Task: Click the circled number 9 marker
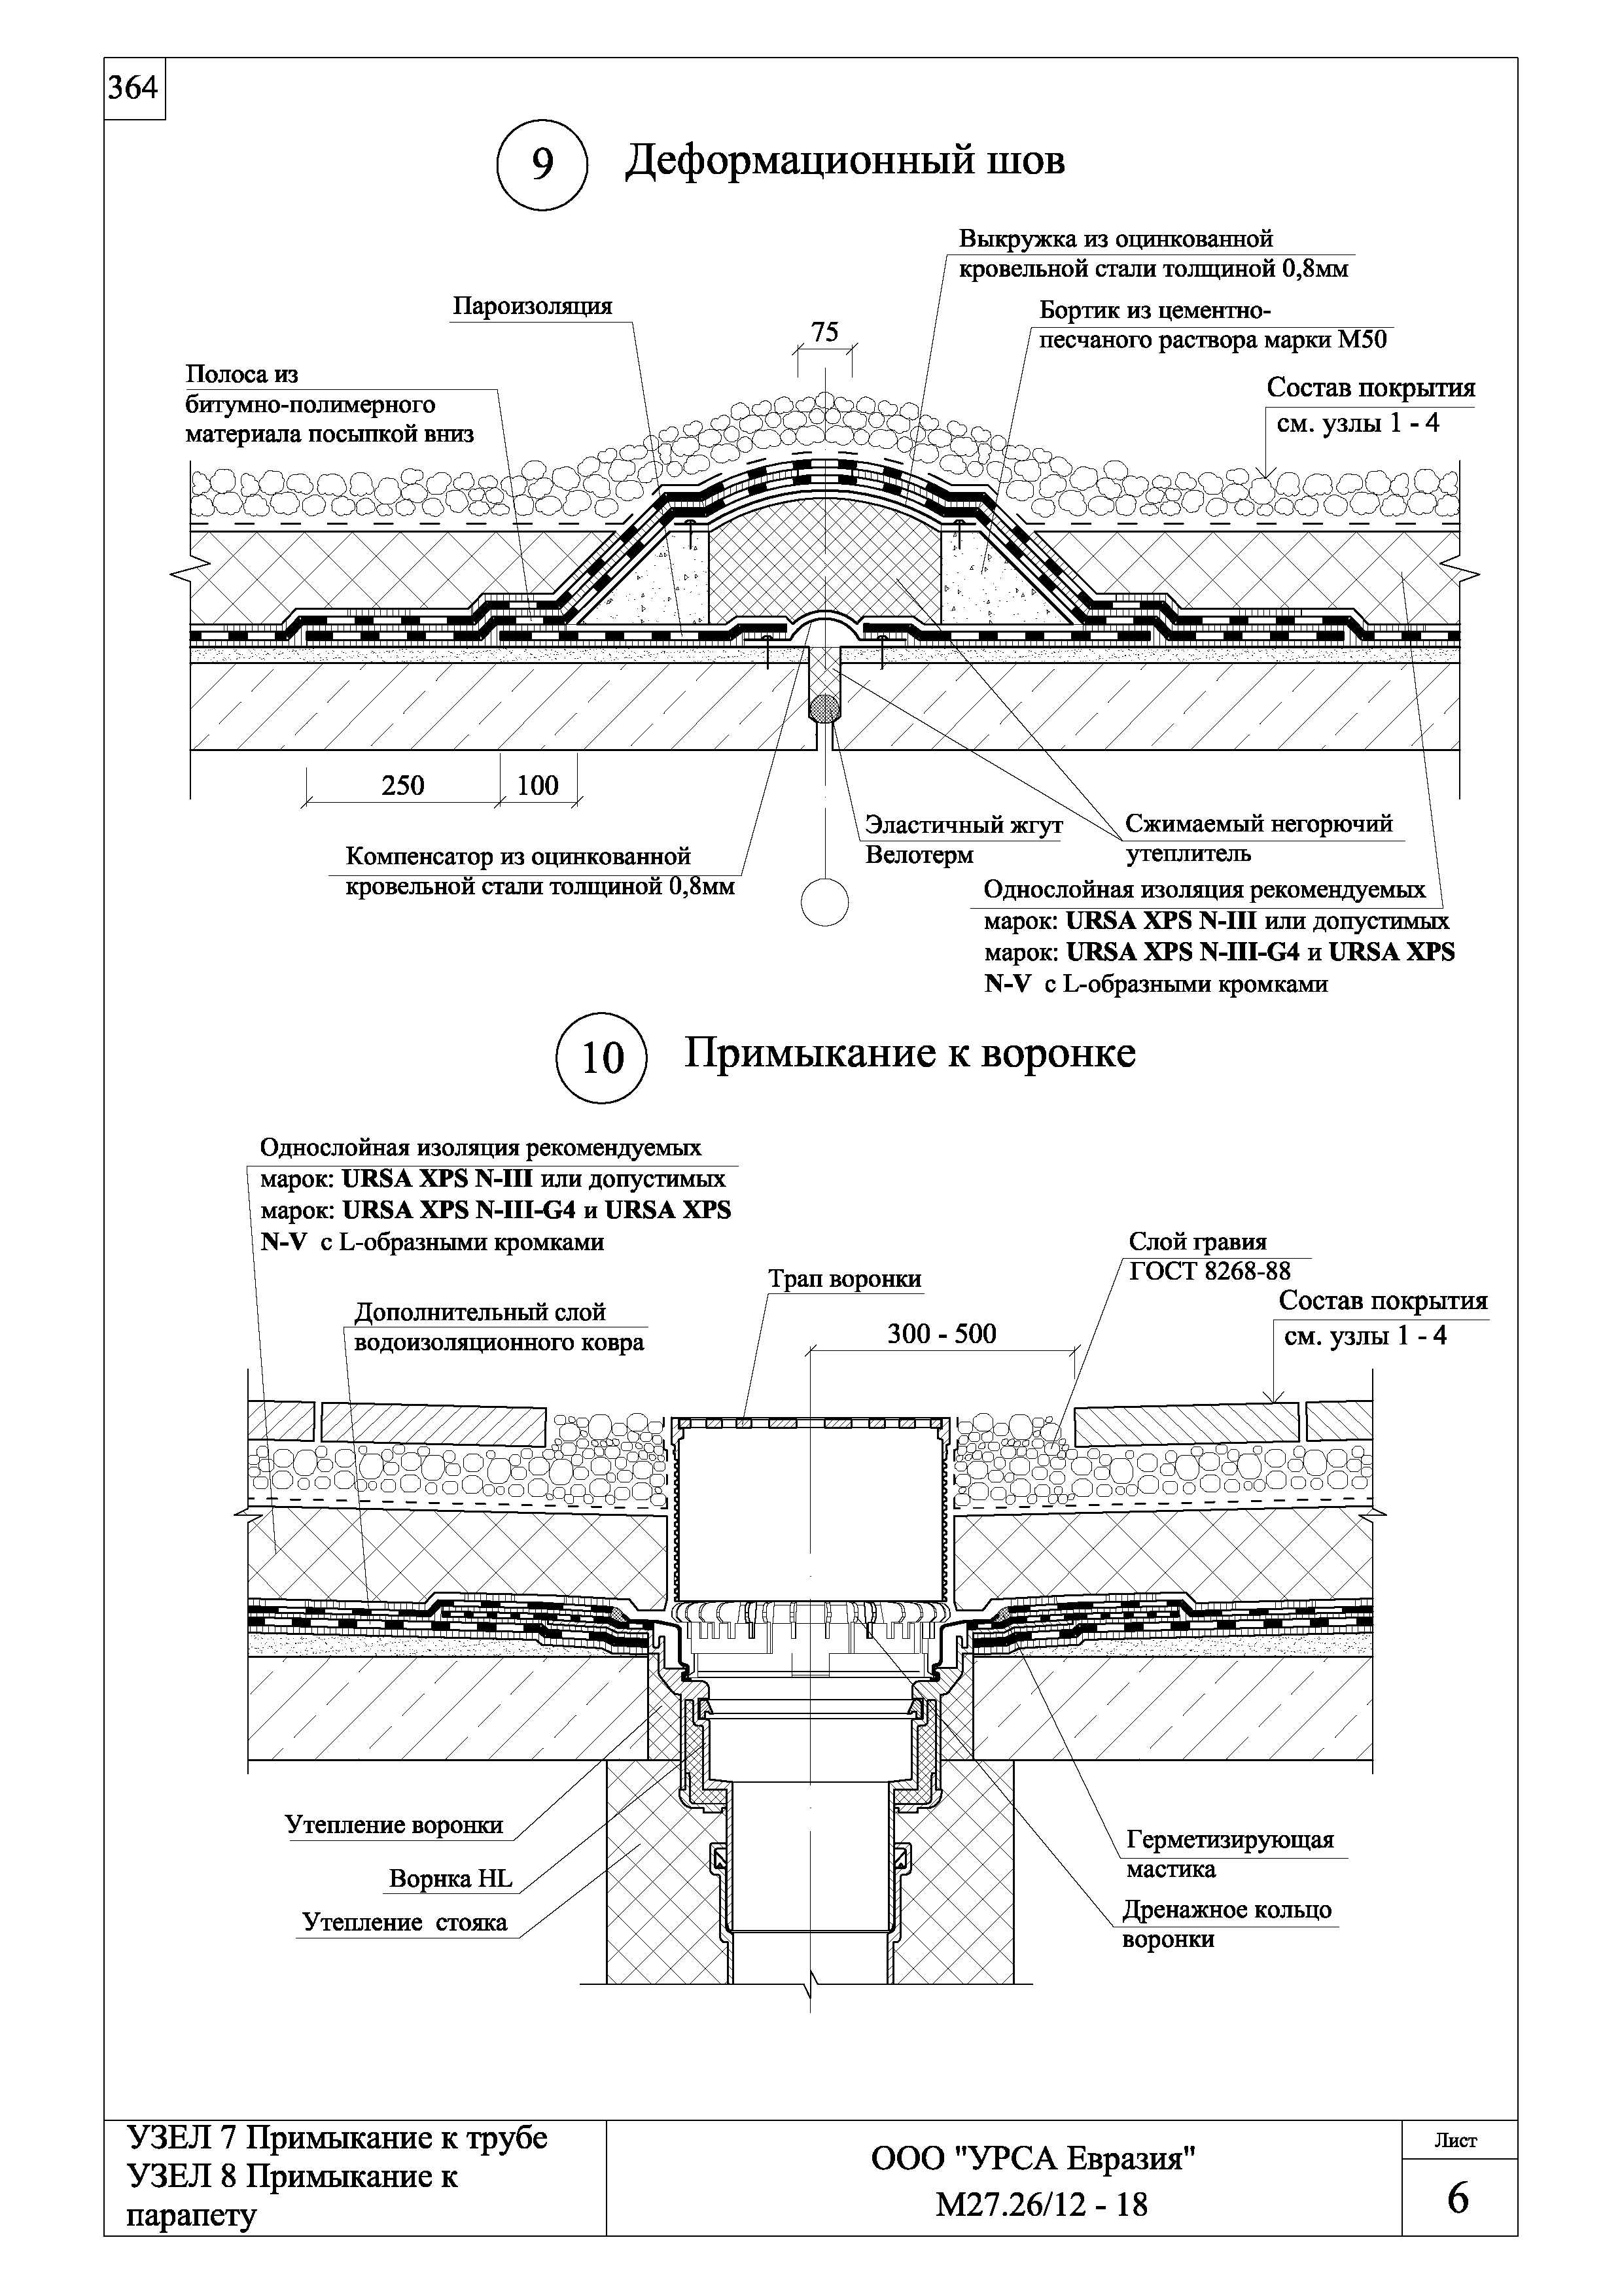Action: click(542, 164)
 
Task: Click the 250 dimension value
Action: click(403, 786)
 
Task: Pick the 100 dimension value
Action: click(538, 786)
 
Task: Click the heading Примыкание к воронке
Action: click(909, 1053)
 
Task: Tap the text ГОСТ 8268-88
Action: click(1209, 1270)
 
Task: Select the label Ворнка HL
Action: click(451, 1879)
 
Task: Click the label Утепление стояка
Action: click(405, 1922)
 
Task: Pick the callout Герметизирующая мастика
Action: click(1229, 1854)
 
